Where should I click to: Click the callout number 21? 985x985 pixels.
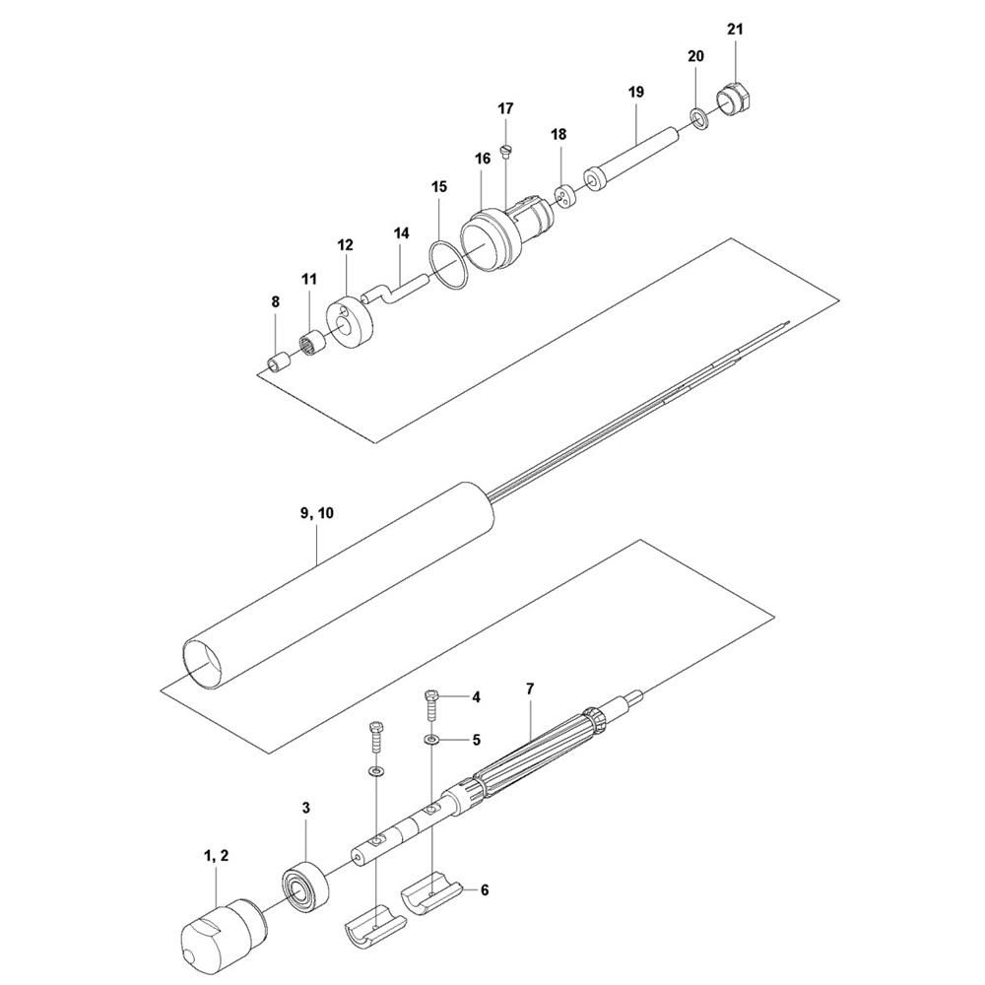(x=734, y=29)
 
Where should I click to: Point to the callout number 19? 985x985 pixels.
(x=635, y=92)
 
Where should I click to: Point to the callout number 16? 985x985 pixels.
(x=482, y=158)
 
